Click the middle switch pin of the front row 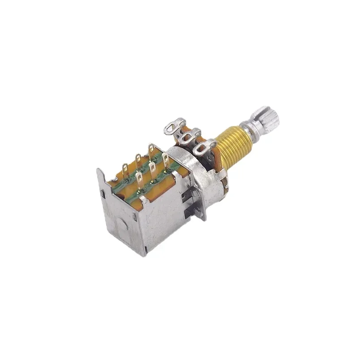coord(153,170)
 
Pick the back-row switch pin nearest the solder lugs coord(151,149)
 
